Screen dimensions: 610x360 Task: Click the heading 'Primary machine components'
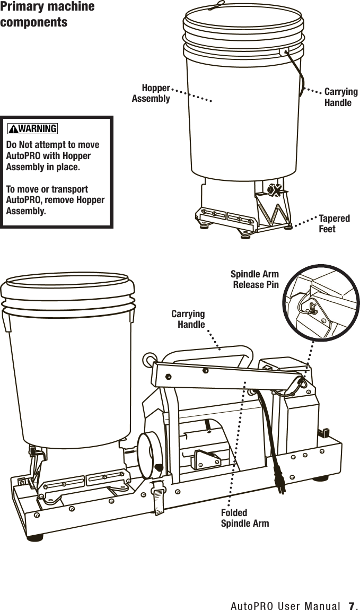(47, 15)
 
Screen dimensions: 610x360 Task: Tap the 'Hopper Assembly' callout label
(151, 93)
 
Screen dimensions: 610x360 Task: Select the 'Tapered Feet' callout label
(334, 223)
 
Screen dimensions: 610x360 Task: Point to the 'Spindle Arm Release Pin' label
(255, 280)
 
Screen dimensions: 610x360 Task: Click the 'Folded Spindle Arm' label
(244, 518)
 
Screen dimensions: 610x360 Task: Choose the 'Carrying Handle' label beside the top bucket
(340, 97)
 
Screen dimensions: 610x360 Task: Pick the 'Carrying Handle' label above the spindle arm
(188, 319)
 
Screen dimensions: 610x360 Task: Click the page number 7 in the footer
(351, 605)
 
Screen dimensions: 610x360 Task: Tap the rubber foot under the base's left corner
(34, 537)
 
